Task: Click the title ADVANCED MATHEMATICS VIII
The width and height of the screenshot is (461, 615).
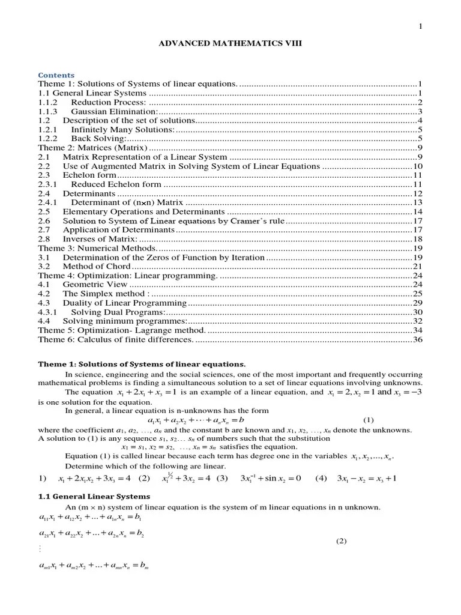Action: click(x=230, y=44)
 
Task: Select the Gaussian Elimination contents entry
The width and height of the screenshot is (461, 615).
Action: click(x=115, y=112)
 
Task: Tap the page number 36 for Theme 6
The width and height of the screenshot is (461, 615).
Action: click(x=418, y=339)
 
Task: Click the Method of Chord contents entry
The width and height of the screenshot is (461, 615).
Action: click(x=97, y=266)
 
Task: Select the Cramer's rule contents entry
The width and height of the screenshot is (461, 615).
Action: click(x=173, y=221)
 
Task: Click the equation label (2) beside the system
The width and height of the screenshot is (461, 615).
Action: click(x=342, y=541)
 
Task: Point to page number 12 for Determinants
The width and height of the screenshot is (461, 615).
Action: click(x=418, y=193)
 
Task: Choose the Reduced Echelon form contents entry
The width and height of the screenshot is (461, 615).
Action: click(x=116, y=184)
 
